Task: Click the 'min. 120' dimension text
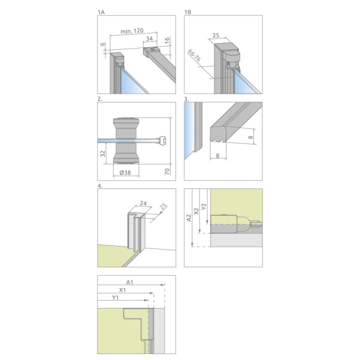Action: pos(132,31)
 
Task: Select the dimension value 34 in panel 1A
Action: pos(149,38)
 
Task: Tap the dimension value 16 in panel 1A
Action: pos(167,40)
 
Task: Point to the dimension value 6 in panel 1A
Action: pos(103,44)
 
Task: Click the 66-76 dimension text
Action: pos(194,55)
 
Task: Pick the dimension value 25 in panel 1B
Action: pos(216,35)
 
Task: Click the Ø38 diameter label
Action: pos(125,172)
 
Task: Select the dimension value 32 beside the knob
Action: pos(103,153)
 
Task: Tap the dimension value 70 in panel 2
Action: pos(167,171)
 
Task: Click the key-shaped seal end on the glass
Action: pos(161,140)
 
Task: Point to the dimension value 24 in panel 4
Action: pos(143,203)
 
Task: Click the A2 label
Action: pos(188,217)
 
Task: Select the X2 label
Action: pos(196,211)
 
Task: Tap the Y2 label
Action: pos(204,206)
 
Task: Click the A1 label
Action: pos(129,282)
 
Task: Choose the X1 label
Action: pos(122,290)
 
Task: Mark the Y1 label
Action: pos(115,297)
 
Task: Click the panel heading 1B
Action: pos(188,12)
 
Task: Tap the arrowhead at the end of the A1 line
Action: pos(162,285)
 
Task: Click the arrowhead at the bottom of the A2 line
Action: pos(192,244)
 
